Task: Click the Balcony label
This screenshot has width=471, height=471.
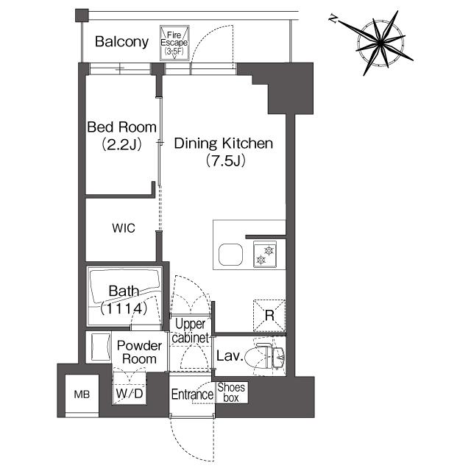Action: (x=121, y=42)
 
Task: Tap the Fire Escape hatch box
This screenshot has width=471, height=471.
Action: (x=174, y=43)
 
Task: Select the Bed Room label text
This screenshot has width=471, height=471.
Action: (x=121, y=127)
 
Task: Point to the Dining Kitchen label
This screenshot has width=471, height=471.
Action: (x=224, y=144)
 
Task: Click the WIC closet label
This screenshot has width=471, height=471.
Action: (x=124, y=228)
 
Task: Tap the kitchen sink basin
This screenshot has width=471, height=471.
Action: (x=230, y=255)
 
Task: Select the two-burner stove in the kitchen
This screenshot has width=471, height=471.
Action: (x=265, y=254)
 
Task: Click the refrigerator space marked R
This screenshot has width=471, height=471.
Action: (x=269, y=316)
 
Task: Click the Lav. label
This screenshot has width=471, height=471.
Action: (x=230, y=356)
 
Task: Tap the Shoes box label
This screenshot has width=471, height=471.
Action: (x=231, y=392)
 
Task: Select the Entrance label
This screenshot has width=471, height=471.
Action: (x=192, y=394)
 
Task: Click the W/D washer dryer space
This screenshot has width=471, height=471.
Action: (x=130, y=388)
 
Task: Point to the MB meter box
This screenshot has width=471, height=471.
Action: (x=82, y=394)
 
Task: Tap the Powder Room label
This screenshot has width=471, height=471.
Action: (x=139, y=353)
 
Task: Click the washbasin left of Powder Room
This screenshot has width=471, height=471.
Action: (x=100, y=347)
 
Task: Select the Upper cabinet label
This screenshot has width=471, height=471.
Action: (x=190, y=330)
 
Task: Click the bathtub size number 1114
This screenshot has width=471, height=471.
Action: (x=124, y=308)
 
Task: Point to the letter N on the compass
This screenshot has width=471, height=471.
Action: (x=333, y=19)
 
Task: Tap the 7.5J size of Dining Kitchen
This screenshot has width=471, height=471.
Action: (x=226, y=161)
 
